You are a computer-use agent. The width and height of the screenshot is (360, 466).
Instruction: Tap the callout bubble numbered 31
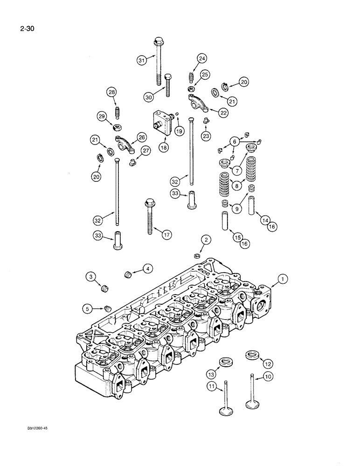[x=142, y=60]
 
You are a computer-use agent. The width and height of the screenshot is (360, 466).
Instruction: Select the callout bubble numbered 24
[x=201, y=59]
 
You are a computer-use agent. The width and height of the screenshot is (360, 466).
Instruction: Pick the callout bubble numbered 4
[x=147, y=269]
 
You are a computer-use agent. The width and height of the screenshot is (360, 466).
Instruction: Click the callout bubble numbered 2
[x=207, y=240]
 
